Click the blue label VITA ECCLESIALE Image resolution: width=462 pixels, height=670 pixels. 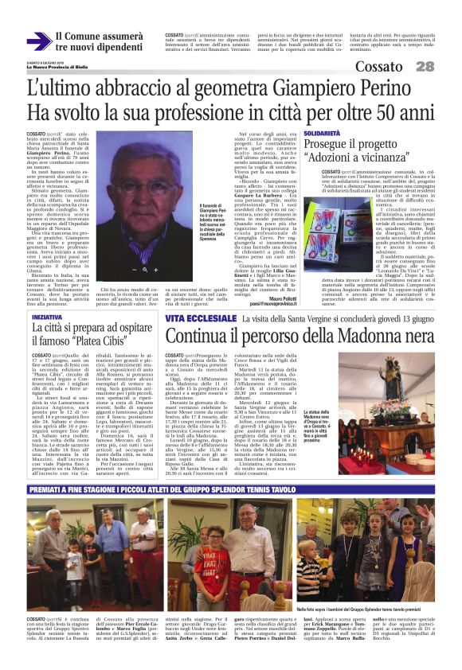(191, 318)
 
